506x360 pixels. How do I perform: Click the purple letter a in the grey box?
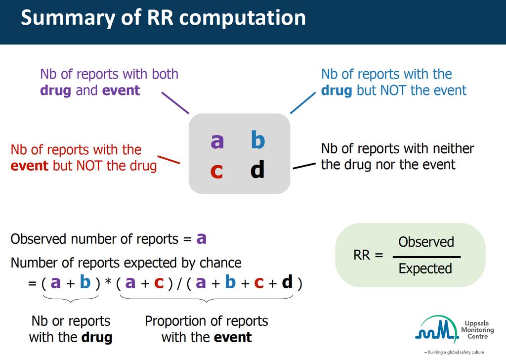pyautogui.click(x=217, y=141)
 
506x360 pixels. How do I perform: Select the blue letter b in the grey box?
pyautogui.click(x=258, y=139)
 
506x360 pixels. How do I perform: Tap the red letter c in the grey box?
pyautogui.click(x=216, y=171)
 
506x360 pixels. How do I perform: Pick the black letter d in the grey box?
pyautogui.click(x=257, y=169)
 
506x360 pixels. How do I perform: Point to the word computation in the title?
pyautogui.click(x=242, y=18)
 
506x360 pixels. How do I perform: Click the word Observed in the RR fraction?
pyautogui.click(x=426, y=242)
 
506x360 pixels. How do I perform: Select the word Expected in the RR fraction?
pyautogui.click(x=425, y=269)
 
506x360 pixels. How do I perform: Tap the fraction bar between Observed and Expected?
pyautogui.click(x=426, y=257)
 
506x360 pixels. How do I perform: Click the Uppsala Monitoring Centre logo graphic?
pyautogui.click(x=437, y=329)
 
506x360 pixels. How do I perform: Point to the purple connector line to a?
pyautogui.click(x=175, y=103)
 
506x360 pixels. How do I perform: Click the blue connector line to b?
pyautogui.click(x=303, y=103)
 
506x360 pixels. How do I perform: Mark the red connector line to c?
pyautogui.click(x=169, y=160)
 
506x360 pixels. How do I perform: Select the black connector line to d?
pyautogui.click(x=304, y=166)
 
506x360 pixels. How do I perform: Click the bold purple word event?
pyautogui.click(x=121, y=90)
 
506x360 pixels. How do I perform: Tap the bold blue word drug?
pyautogui.click(x=336, y=90)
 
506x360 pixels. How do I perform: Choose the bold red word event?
pyautogui.click(x=29, y=166)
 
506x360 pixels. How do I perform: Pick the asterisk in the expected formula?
pyautogui.click(x=108, y=281)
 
